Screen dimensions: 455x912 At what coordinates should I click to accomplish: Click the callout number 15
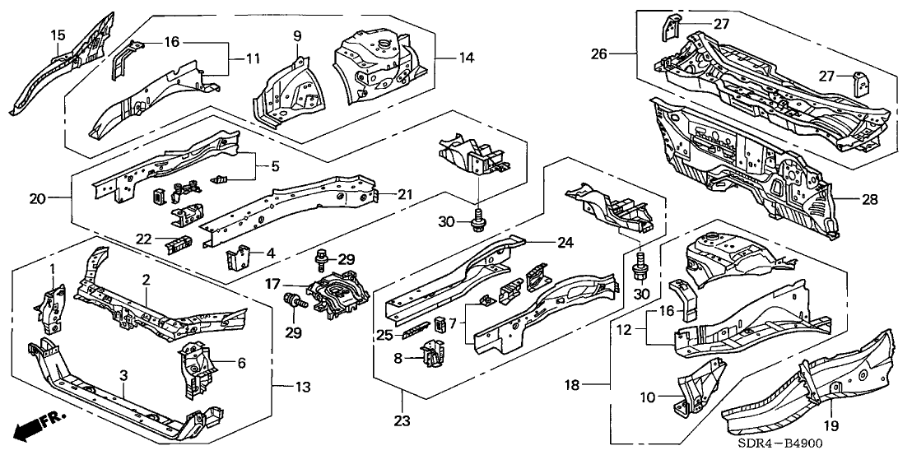coord(58,35)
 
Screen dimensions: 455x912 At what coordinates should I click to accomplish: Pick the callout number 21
coord(404,194)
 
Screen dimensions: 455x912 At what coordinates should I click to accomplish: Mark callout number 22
coord(144,239)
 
